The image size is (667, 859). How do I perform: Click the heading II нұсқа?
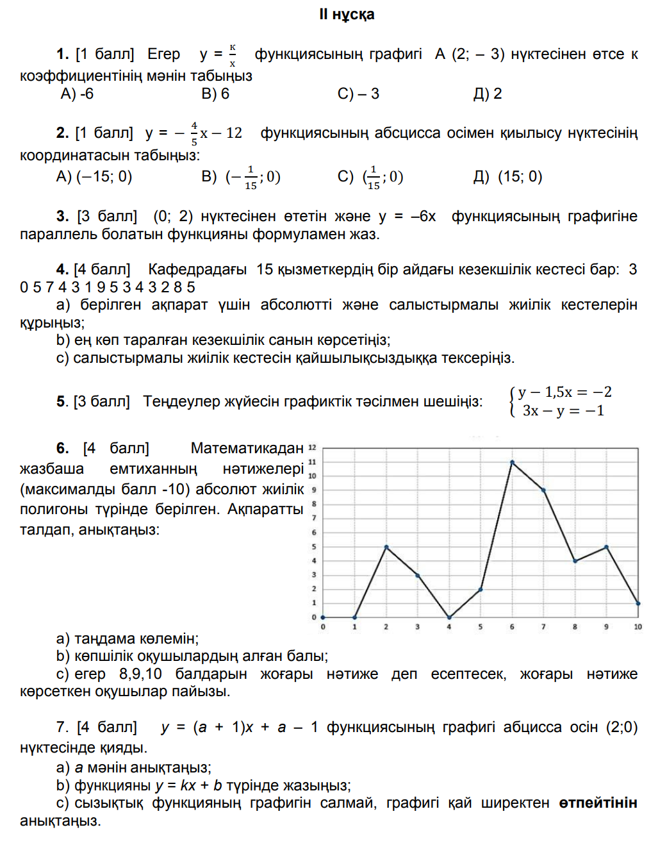coord(347,15)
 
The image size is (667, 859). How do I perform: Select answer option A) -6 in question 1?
coord(77,94)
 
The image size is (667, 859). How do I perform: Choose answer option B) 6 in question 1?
coord(215,94)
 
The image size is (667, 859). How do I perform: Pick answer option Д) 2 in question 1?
coord(488,94)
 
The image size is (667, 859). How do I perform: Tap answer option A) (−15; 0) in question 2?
coord(94,176)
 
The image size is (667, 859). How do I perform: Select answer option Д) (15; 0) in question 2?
coord(508,176)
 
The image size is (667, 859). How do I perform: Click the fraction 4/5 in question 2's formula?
coord(194,133)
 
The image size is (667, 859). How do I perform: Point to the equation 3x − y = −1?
coord(563,411)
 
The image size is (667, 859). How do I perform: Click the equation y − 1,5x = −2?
coord(564,392)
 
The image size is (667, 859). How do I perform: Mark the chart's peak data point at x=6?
coord(512,462)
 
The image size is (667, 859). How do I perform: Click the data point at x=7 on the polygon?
coord(543,490)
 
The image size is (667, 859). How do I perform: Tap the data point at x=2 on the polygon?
coord(386,547)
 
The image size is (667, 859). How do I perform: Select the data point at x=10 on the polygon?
coord(638,603)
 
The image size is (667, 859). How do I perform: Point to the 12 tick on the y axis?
coord(312,447)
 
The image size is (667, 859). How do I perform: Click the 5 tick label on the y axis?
coord(314,547)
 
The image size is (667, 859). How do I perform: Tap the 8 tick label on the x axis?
coord(575,626)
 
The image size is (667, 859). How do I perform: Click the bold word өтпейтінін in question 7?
coord(598,803)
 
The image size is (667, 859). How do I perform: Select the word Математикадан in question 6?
coord(247,448)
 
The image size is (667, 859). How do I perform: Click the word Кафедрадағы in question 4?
coord(197,269)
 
